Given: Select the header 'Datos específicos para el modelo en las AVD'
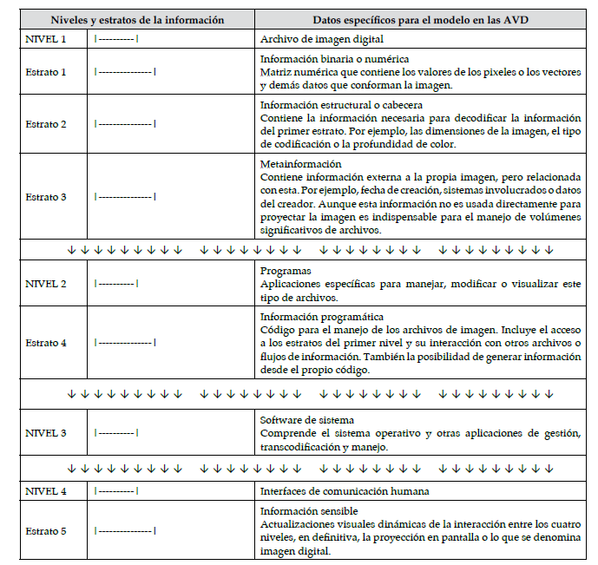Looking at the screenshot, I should pyautogui.click(x=421, y=20).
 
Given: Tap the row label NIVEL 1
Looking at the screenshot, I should pyautogui.click(x=46, y=39).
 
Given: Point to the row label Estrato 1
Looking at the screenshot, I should pyautogui.click(x=46, y=72).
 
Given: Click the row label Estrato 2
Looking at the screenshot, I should pyautogui.click(x=46, y=124).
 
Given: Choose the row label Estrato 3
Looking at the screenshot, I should pyautogui.click(x=46, y=197).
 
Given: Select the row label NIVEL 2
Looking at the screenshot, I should pyautogui.click(x=46, y=283).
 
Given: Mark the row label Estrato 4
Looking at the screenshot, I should pyautogui.click(x=46, y=343).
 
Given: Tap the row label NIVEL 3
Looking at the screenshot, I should pyautogui.click(x=46, y=431).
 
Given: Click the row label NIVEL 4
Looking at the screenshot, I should pyautogui.click(x=46, y=492).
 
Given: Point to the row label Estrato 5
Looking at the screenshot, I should pyautogui.click(x=46, y=530).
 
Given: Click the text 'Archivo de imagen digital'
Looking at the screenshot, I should pyautogui.click(x=322, y=39).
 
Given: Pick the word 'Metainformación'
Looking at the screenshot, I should pyautogui.click(x=301, y=164).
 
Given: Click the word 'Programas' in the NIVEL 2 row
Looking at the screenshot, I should pyautogui.click(x=286, y=271).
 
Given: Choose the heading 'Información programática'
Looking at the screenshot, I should pyautogui.click(x=322, y=317).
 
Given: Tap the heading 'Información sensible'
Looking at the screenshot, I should pyautogui.click(x=309, y=511).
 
